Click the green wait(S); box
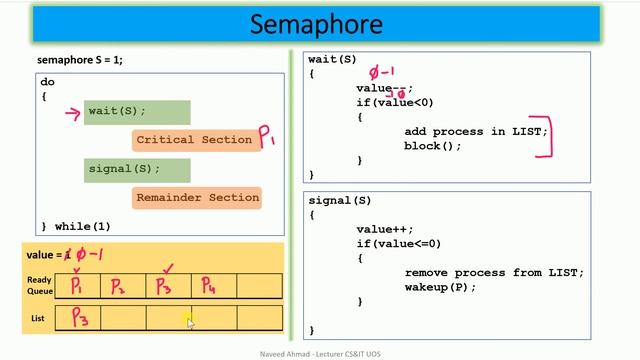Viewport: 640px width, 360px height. tap(137, 111)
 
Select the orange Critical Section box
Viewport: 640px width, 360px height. tap(194, 140)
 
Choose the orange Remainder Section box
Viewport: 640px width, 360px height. tap(197, 198)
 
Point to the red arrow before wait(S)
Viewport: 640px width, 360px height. tap(72, 112)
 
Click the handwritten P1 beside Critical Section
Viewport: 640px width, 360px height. tap(268, 137)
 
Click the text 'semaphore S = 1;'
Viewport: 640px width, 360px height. tap(80, 60)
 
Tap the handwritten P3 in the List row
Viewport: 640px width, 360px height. tap(78, 319)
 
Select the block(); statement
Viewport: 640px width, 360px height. tap(433, 146)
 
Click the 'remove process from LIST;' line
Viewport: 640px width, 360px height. tap(494, 272)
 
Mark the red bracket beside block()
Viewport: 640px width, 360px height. tap(546, 140)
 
